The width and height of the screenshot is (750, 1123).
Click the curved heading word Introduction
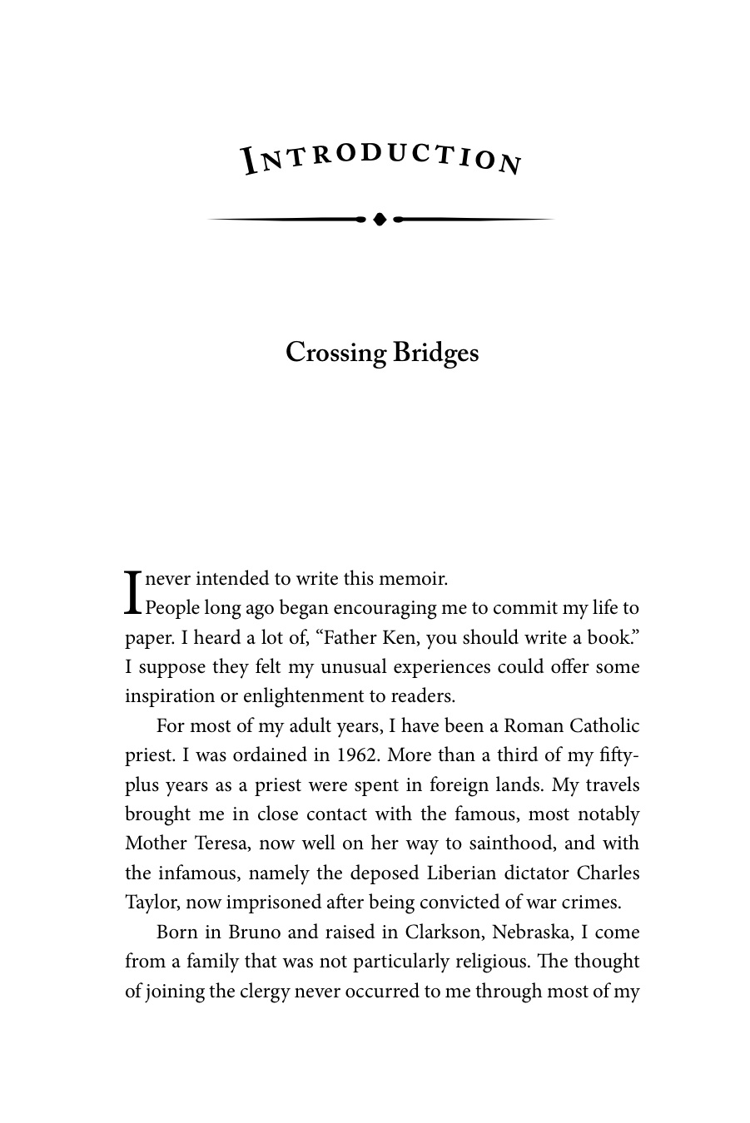tap(381, 157)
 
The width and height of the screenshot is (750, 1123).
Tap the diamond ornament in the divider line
tap(380, 219)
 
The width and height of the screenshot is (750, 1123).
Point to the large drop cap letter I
tap(132, 592)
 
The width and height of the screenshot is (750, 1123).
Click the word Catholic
tap(604, 725)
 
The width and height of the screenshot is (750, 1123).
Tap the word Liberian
tap(466, 873)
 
